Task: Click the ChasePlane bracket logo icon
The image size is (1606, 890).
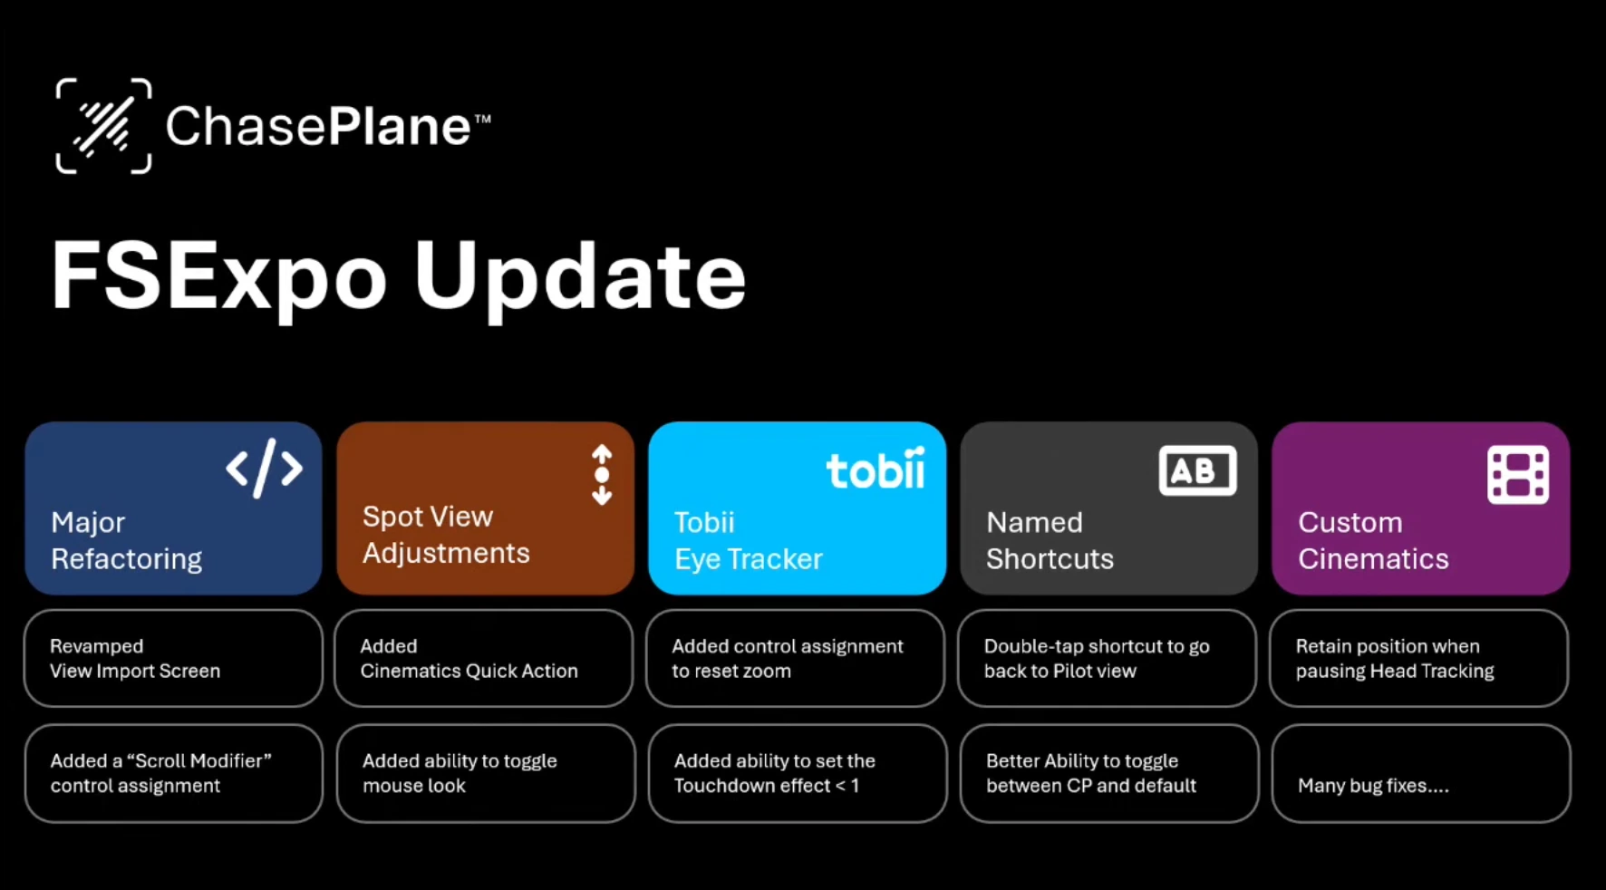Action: tap(103, 125)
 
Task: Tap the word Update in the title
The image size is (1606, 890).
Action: tap(580, 276)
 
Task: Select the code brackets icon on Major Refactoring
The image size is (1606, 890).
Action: tap(264, 469)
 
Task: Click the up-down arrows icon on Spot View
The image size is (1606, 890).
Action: tap(602, 475)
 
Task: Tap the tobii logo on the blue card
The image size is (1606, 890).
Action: tap(876, 469)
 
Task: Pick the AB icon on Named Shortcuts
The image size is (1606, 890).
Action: tap(1197, 470)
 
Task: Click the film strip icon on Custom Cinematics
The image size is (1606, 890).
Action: tap(1518, 474)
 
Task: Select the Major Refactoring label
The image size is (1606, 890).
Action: tap(127, 540)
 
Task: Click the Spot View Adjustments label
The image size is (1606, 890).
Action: tap(446, 535)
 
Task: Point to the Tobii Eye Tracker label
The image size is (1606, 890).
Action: tap(749, 540)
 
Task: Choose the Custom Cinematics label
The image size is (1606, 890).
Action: tap(1373, 540)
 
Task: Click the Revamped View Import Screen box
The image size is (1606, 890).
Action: tap(173, 658)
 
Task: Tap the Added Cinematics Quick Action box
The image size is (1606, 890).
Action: tap(484, 658)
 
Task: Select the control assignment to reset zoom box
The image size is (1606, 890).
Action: tap(796, 658)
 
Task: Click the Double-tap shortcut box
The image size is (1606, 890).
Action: tap(1108, 658)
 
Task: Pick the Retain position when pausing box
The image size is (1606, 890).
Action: tap(1419, 658)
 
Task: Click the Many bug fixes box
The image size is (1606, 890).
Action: tap(1421, 773)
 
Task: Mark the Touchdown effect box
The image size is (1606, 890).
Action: tap(798, 773)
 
